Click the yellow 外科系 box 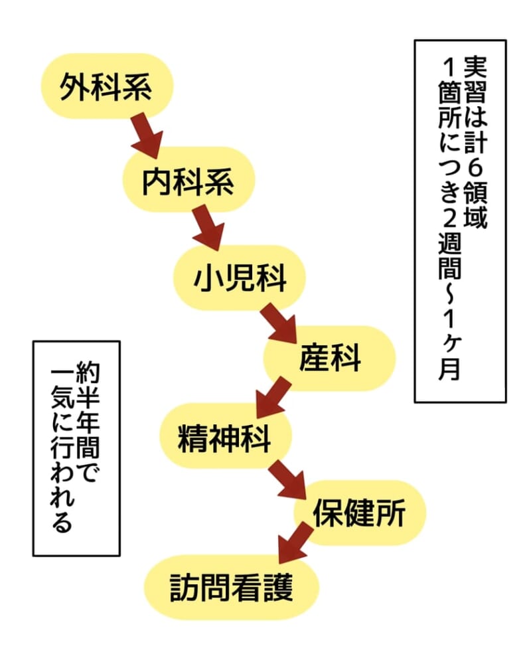pos(106,87)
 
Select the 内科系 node pos(189,180)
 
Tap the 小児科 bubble pos(240,278)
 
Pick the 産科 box pos(330,359)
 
